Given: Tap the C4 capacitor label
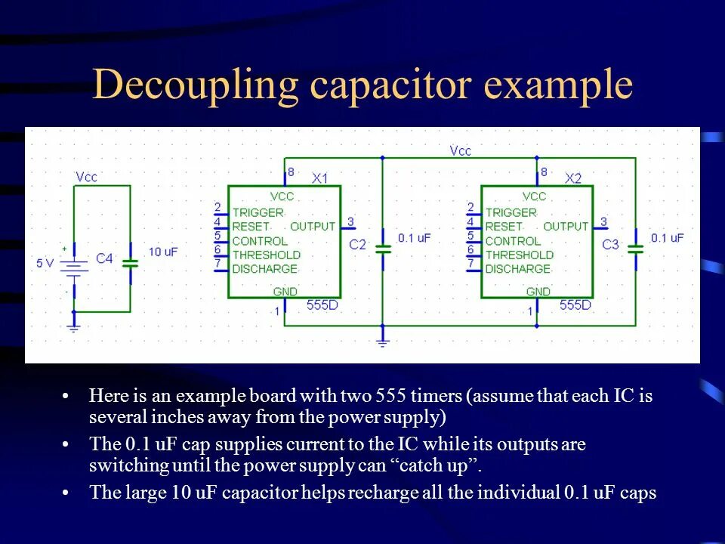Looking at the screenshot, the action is pyautogui.click(x=104, y=258).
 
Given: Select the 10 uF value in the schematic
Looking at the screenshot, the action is pyautogui.click(x=163, y=252).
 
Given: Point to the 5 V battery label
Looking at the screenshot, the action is pyautogui.click(x=45, y=263).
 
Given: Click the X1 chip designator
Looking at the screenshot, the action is pyautogui.click(x=320, y=179).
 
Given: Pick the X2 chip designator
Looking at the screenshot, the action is pyautogui.click(x=574, y=179).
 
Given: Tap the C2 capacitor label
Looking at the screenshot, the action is pyautogui.click(x=357, y=245).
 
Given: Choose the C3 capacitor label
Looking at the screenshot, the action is pyautogui.click(x=610, y=245).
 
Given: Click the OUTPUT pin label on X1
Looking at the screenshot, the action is pyautogui.click(x=313, y=227).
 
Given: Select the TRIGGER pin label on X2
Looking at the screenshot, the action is pyautogui.click(x=511, y=213).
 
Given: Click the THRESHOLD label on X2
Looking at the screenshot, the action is pyautogui.click(x=520, y=255).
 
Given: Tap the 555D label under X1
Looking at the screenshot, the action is pyautogui.click(x=322, y=305).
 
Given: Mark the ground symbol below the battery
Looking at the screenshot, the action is pyautogui.click(x=73, y=327).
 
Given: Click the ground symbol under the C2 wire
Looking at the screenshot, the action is pyautogui.click(x=383, y=342).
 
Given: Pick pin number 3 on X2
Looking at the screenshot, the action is pyautogui.click(x=603, y=221).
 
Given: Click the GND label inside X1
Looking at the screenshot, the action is pyautogui.click(x=285, y=292).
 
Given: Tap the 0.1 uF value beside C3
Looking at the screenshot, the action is pyautogui.click(x=667, y=237).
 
